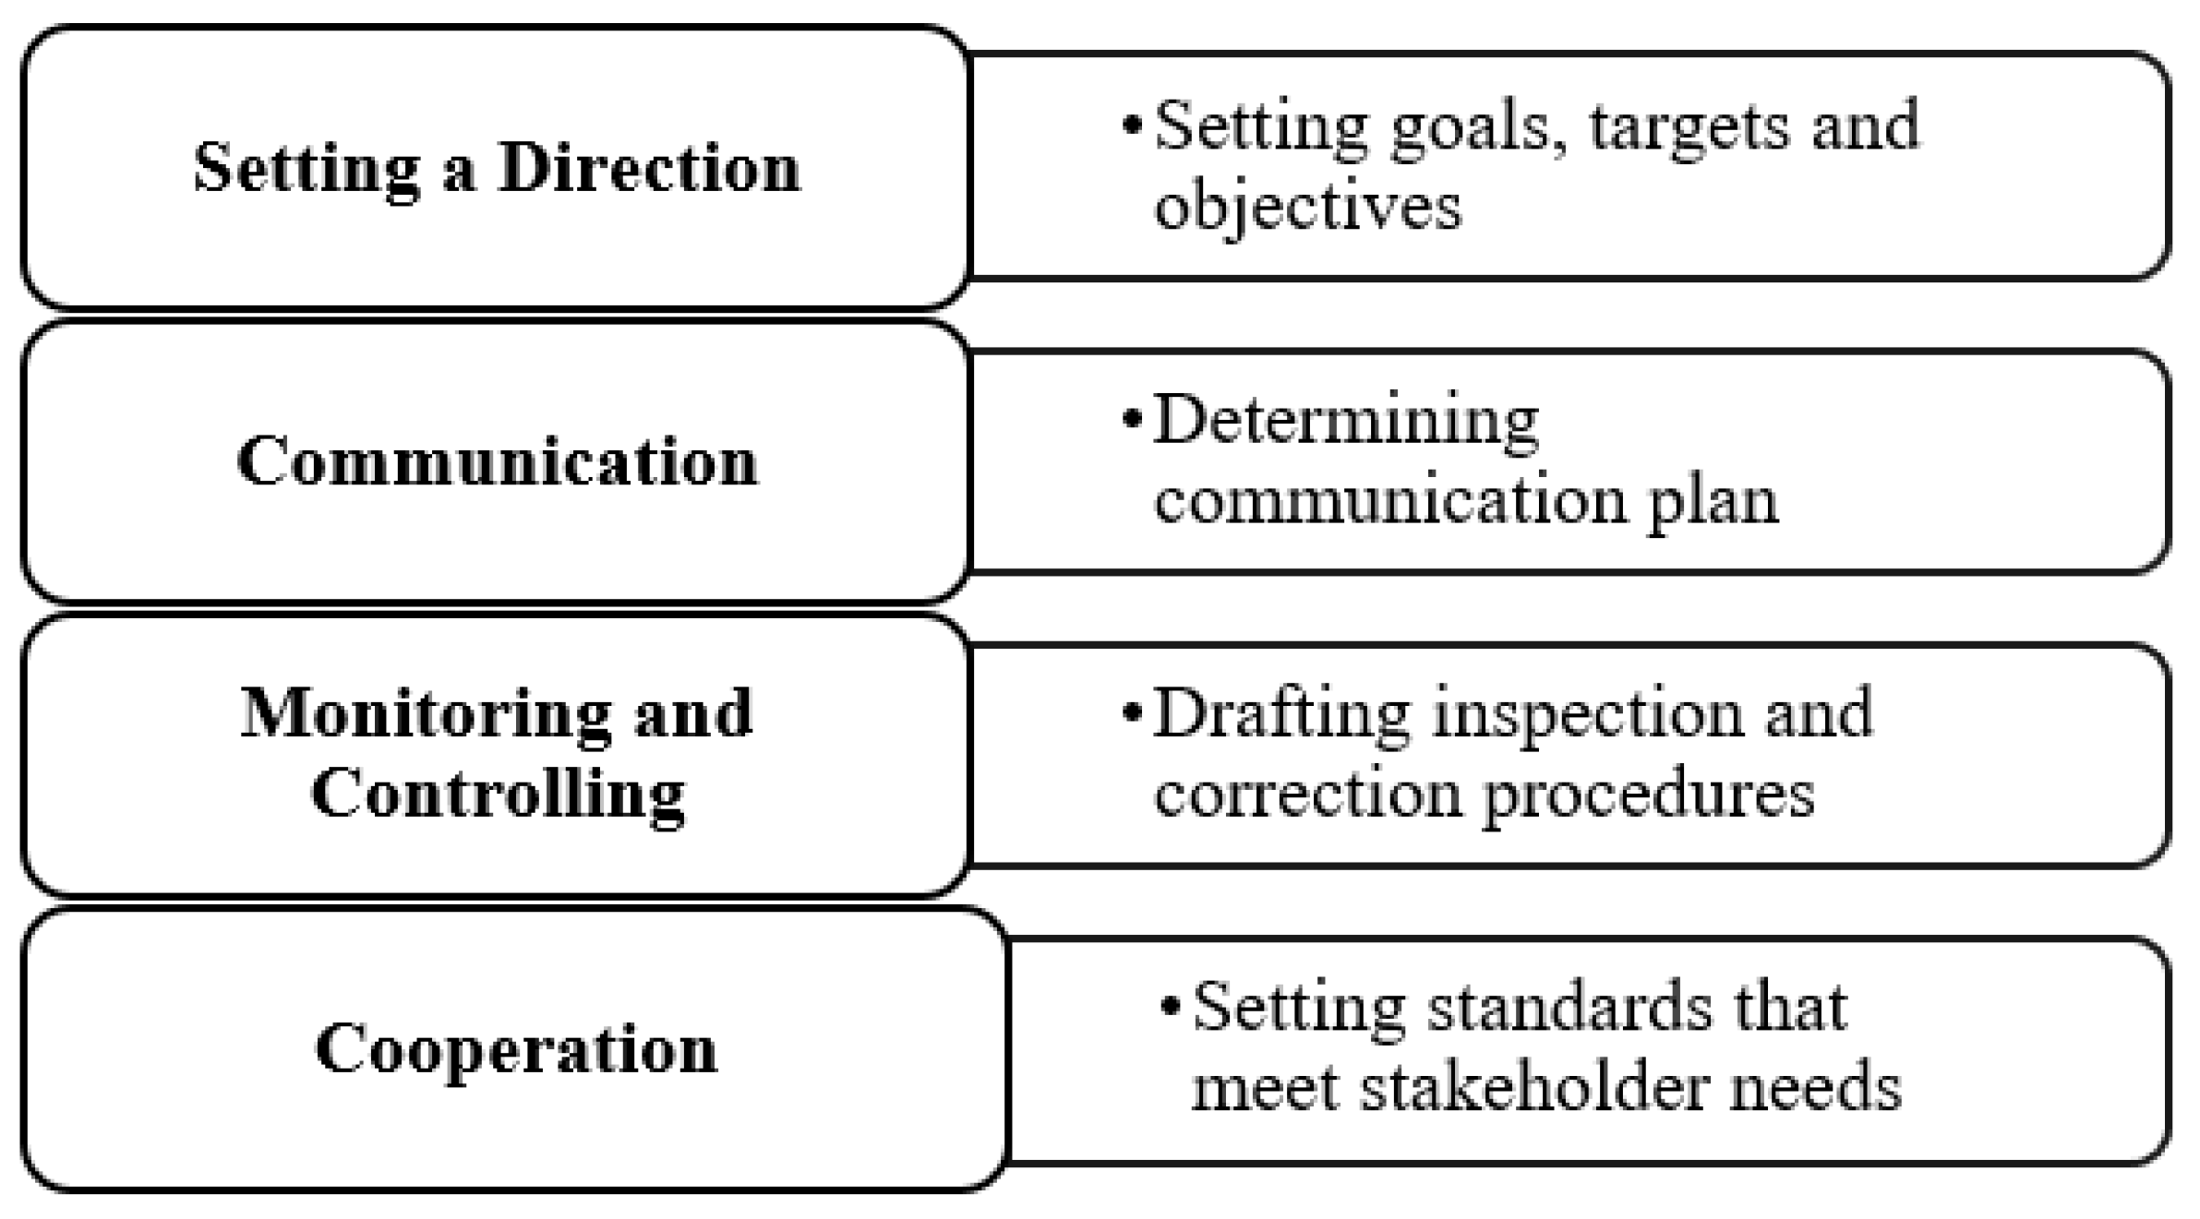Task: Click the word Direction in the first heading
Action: [x=649, y=169]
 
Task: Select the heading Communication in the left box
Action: [x=498, y=461]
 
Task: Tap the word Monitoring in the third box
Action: [x=426, y=714]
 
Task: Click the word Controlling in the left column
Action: [x=498, y=795]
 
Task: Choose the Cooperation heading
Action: [x=516, y=1049]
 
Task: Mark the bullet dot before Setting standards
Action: [x=1171, y=1006]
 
